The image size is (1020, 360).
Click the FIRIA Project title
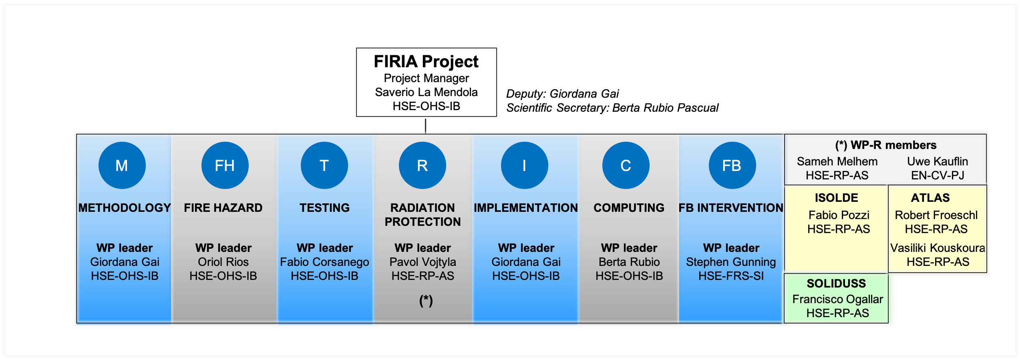pyautogui.click(x=426, y=61)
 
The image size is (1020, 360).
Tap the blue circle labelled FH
pyautogui.click(x=225, y=165)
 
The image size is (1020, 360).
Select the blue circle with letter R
pyautogui.click(x=422, y=165)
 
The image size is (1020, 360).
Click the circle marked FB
pyautogui.click(x=732, y=165)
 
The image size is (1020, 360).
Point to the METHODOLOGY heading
pyautogui.click(x=125, y=208)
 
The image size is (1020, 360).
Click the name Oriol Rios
pyautogui.click(x=223, y=262)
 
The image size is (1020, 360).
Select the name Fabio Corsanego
pyautogui.click(x=324, y=262)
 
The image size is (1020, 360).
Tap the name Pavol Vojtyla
pyautogui.click(x=422, y=262)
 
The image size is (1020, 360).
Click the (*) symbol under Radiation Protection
pyautogui.click(x=426, y=300)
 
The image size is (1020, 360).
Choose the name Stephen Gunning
pyautogui.click(x=731, y=262)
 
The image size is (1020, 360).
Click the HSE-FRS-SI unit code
pyautogui.click(x=731, y=276)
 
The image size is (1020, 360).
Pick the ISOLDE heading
pyautogui.click(x=836, y=198)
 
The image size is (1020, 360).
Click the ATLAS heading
pyautogui.click(x=930, y=198)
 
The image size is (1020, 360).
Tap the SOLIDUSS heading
pyautogui.click(x=836, y=284)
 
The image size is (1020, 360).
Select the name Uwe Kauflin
pyautogui.click(x=938, y=161)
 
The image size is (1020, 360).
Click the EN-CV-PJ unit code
pyautogui.click(x=938, y=175)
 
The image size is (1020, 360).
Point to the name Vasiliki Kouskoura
pyautogui.click(x=938, y=248)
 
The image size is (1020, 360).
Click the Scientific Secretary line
pyautogui.click(x=612, y=108)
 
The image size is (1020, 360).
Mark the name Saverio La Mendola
pyautogui.click(x=426, y=92)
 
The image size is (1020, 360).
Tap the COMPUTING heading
pyautogui.click(x=629, y=208)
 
